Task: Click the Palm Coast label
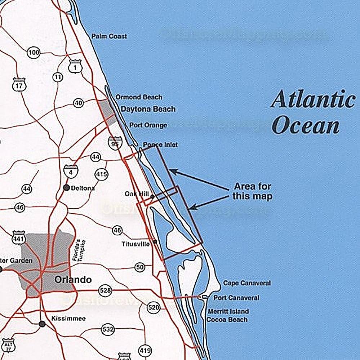(109, 36)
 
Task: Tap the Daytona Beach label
(148, 109)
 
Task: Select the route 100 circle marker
(33, 53)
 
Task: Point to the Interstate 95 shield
(114, 143)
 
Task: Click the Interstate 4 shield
(69, 171)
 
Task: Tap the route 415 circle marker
(102, 175)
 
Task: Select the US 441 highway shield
(18, 238)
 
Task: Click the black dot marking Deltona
(66, 187)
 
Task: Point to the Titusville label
(135, 244)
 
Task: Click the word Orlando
(73, 280)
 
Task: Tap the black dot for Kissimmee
(42, 324)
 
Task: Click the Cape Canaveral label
(247, 283)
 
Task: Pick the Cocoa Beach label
(227, 319)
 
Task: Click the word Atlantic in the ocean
(312, 99)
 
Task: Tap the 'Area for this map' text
(252, 192)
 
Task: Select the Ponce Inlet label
(160, 145)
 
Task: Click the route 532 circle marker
(108, 329)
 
